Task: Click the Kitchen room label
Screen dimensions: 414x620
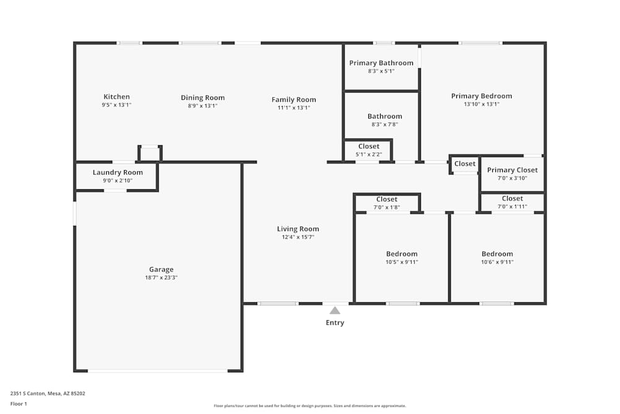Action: click(117, 97)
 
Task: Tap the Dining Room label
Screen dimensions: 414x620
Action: click(203, 97)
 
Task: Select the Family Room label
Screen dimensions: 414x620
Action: click(294, 99)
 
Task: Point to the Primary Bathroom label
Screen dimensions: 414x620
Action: click(381, 63)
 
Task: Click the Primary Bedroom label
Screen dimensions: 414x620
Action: click(482, 96)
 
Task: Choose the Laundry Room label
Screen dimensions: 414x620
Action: click(118, 173)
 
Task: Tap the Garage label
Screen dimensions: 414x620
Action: click(161, 269)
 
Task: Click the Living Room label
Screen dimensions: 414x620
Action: click(298, 229)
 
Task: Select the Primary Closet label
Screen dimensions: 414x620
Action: click(512, 170)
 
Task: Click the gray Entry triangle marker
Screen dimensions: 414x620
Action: click(335, 310)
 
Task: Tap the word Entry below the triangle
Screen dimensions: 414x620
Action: click(335, 323)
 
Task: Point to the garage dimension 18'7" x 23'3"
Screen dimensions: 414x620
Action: click(161, 277)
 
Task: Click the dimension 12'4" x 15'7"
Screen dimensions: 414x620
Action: click(298, 237)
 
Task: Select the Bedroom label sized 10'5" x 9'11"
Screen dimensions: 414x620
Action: click(402, 254)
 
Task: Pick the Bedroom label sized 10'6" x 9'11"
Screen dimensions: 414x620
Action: click(497, 254)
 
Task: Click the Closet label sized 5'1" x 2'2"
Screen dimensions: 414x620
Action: click(369, 146)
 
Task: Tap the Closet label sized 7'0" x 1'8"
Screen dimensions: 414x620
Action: click(387, 199)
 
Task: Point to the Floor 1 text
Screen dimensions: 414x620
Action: click(19, 403)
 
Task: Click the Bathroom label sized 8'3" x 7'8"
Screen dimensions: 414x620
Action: click(384, 116)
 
